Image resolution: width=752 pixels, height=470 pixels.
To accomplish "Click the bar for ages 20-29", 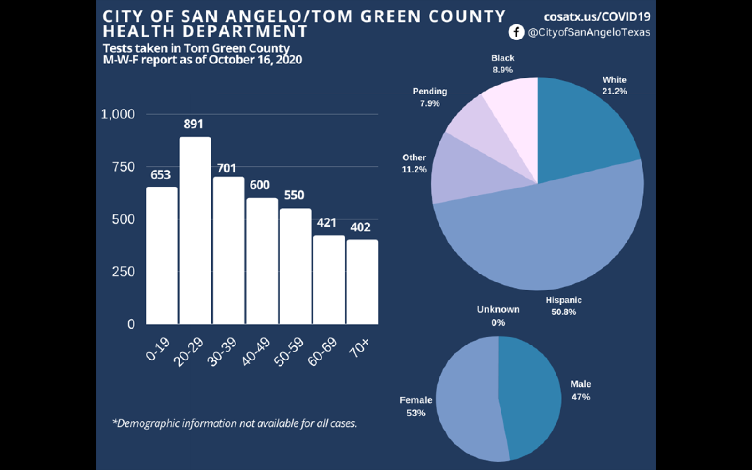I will [195, 230].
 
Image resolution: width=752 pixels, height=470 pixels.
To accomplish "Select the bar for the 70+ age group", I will [362, 282].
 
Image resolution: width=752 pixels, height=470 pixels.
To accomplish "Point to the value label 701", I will [227, 168].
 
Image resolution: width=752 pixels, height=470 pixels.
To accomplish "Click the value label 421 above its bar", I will [327, 222].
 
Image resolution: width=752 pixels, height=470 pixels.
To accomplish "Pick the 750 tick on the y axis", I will [124, 167].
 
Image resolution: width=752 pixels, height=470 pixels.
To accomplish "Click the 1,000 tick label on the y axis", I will [118, 114].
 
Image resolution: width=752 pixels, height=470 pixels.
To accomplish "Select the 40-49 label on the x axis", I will [256, 351].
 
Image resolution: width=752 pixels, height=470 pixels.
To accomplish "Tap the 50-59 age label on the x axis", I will [289, 351].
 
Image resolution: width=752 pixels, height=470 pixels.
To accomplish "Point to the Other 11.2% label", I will [414, 164].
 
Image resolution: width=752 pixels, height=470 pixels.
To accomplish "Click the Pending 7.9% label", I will [430, 97].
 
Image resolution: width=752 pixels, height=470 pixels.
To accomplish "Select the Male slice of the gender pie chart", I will [529, 395].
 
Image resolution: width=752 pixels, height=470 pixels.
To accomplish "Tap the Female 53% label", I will [416, 407].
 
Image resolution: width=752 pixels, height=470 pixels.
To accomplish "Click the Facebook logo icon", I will [516, 32].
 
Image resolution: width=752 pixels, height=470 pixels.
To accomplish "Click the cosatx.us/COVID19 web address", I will [597, 17].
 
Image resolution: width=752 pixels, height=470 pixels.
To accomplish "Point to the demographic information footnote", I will [235, 423].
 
